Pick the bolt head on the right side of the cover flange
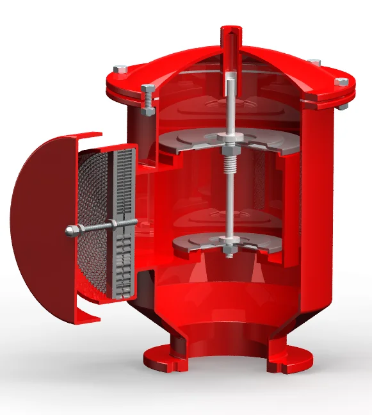[x=342, y=82]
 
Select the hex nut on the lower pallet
[x=228, y=241]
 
